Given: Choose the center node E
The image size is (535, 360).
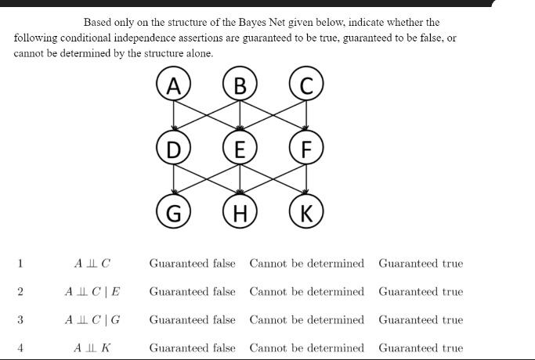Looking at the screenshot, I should coord(240,149).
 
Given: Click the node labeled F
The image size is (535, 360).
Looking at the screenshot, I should coord(306,149).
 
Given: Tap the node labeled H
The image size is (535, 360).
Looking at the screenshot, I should coord(240,212).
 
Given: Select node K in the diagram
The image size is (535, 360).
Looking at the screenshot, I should coord(306,212).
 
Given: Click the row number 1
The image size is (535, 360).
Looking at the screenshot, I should coord(20,264).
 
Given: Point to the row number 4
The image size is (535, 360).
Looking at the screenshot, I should coord(20,348).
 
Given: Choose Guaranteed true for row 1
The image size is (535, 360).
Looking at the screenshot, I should coord(421,264).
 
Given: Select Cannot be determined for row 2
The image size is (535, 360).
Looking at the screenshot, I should coord(306,292).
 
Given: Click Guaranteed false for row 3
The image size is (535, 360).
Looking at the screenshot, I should coord(192,320).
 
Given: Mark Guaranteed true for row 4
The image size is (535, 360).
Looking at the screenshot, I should coord(421,348).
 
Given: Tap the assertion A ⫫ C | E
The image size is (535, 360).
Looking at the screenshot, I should coord(92,292).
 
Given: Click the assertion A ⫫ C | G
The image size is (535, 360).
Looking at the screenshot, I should coord(92,320).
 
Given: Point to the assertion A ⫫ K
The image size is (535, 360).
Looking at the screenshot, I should coord(92,348).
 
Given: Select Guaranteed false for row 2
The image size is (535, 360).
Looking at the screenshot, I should coord(192,292).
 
